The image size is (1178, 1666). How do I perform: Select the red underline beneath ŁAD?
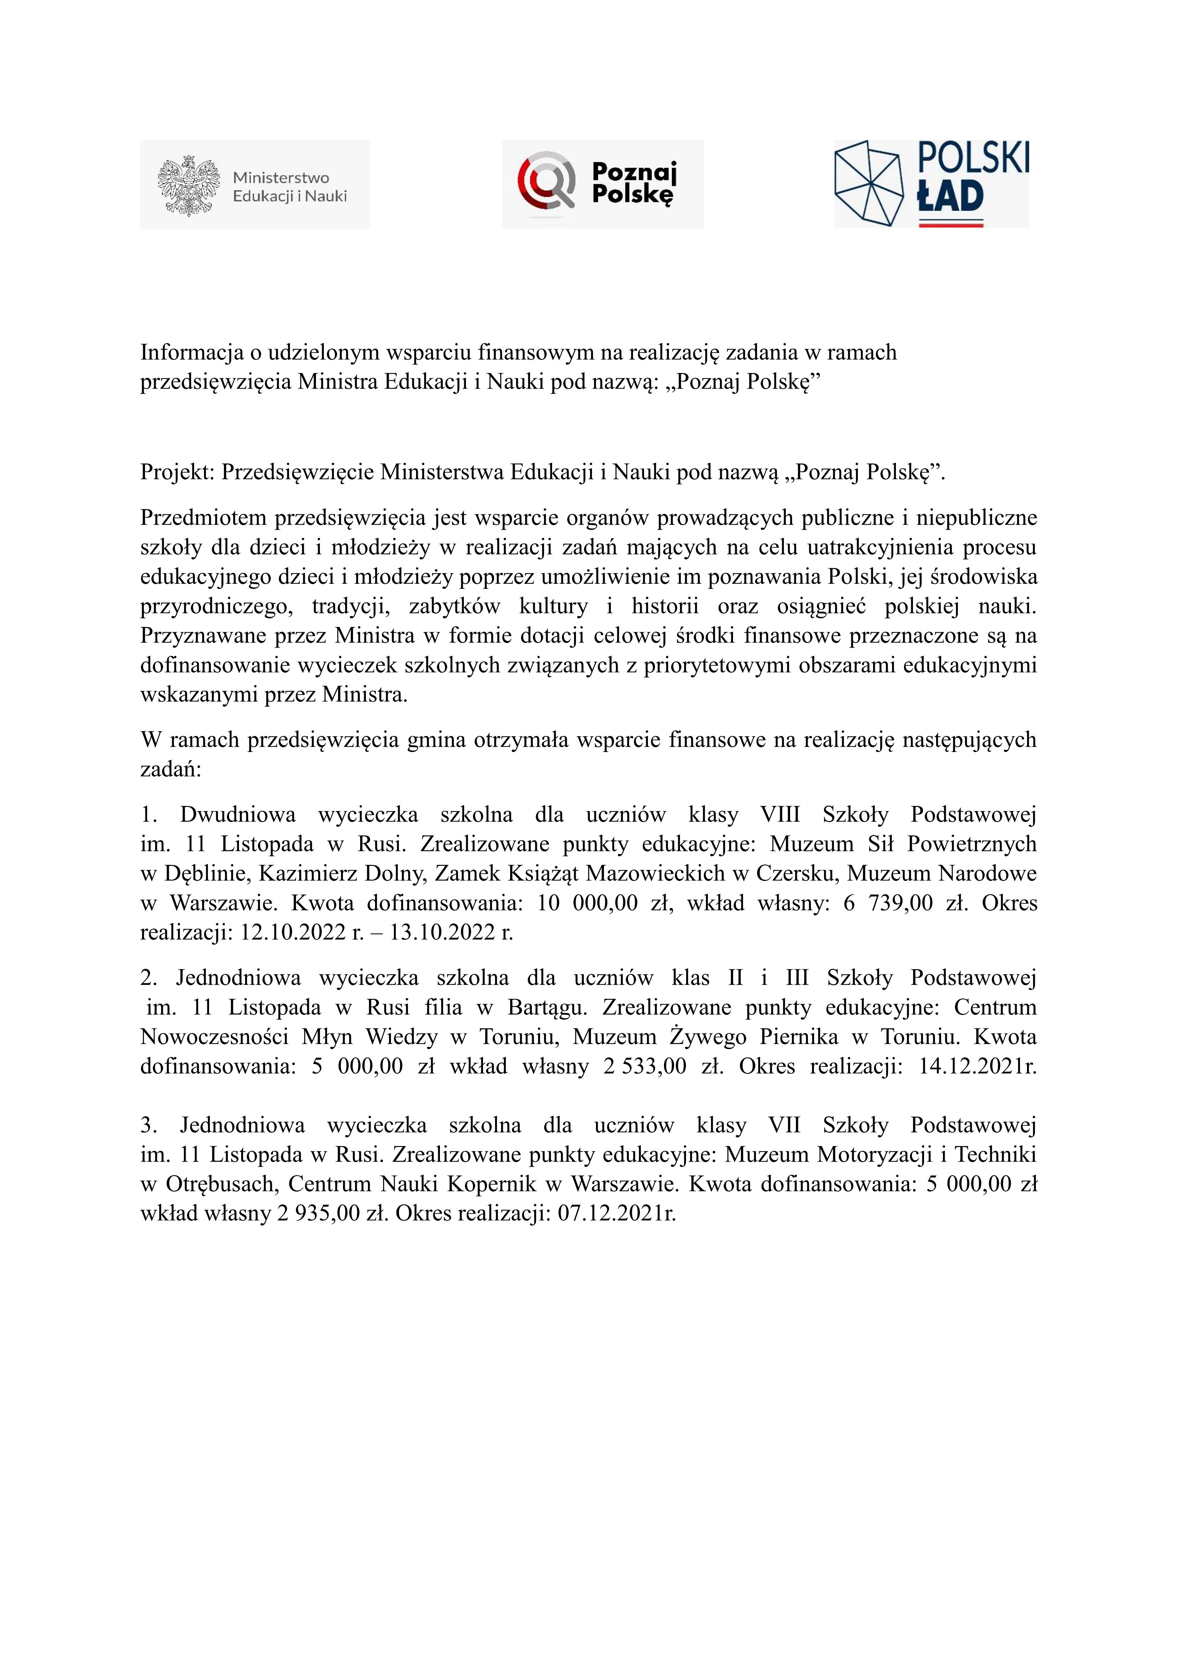pyautogui.click(x=951, y=225)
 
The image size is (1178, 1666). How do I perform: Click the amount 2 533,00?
pyautogui.click(x=644, y=1066)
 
